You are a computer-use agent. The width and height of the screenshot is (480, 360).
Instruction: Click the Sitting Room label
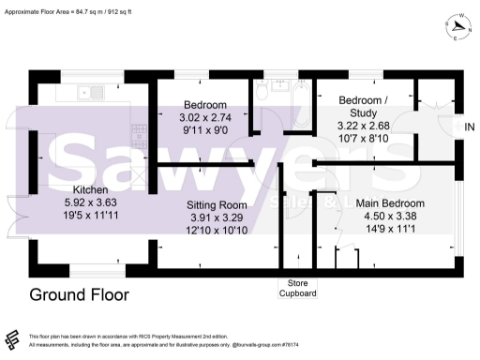pos(217,204)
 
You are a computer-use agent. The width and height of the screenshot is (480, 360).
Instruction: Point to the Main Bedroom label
pos(390,203)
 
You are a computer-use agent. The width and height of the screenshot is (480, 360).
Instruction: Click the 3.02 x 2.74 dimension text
pos(204,117)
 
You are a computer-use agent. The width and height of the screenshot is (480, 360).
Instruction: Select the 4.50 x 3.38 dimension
pos(390,216)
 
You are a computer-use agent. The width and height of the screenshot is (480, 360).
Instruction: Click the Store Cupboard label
pos(298,288)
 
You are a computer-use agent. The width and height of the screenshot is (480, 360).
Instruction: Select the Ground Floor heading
pos(80,295)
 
